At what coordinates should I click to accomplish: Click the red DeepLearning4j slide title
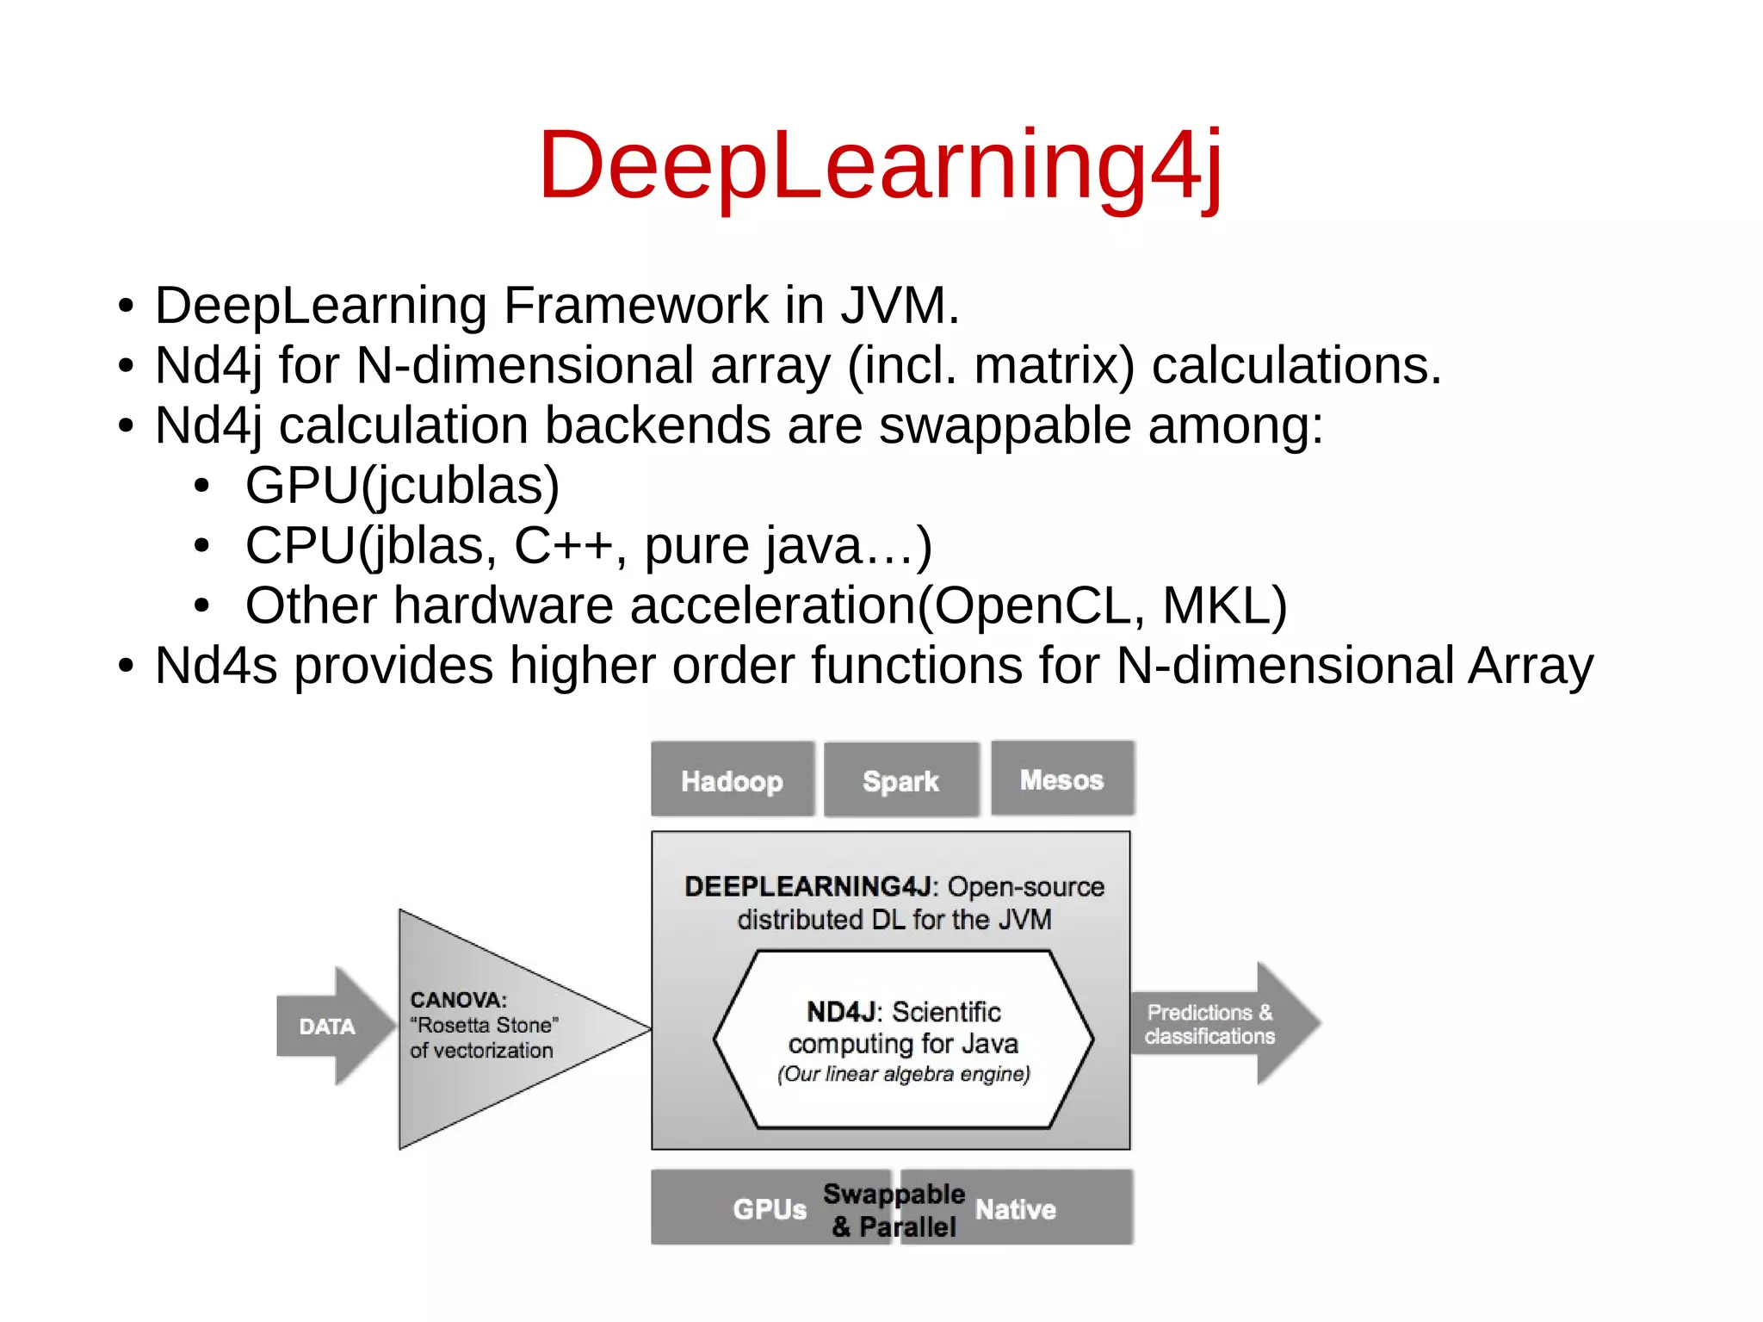[x=880, y=165]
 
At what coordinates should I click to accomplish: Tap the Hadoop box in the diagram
[x=732, y=780]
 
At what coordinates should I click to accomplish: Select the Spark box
[x=900, y=780]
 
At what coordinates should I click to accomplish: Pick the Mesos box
[x=1061, y=779]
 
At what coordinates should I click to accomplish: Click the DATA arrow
[x=328, y=1026]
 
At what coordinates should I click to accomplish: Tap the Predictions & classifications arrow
[x=1210, y=1024]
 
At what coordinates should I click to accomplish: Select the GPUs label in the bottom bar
[x=769, y=1209]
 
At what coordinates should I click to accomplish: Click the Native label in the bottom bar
[x=1015, y=1209]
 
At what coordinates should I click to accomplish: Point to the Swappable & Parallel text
[x=894, y=1210]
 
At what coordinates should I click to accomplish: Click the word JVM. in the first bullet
[x=900, y=305]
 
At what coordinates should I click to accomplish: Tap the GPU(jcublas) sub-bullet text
[x=402, y=485]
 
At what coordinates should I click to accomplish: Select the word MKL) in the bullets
[x=1225, y=605]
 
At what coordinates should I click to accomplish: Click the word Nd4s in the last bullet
[x=216, y=666]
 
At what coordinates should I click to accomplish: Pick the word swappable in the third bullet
[x=1005, y=425]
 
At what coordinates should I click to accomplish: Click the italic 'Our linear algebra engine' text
[x=903, y=1074]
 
